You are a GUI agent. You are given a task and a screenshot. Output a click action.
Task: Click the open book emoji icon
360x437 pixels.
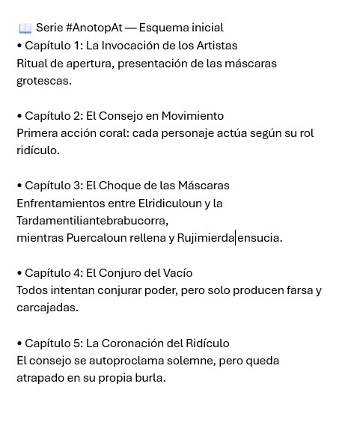[x=25, y=28]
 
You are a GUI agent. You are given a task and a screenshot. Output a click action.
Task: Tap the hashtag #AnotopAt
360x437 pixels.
[x=94, y=28]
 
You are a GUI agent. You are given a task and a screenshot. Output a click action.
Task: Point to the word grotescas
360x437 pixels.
[x=43, y=81]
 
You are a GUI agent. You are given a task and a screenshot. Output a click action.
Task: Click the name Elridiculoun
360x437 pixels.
[x=170, y=204]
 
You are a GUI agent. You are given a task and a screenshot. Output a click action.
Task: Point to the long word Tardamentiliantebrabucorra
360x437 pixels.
[x=92, y=221]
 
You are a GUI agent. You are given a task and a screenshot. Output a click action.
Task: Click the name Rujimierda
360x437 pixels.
[x=206, y=239]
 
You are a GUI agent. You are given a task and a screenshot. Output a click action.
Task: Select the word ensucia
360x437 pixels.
[x=260, y=239]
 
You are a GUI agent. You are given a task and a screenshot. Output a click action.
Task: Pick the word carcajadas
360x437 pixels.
[x=47, y=308]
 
